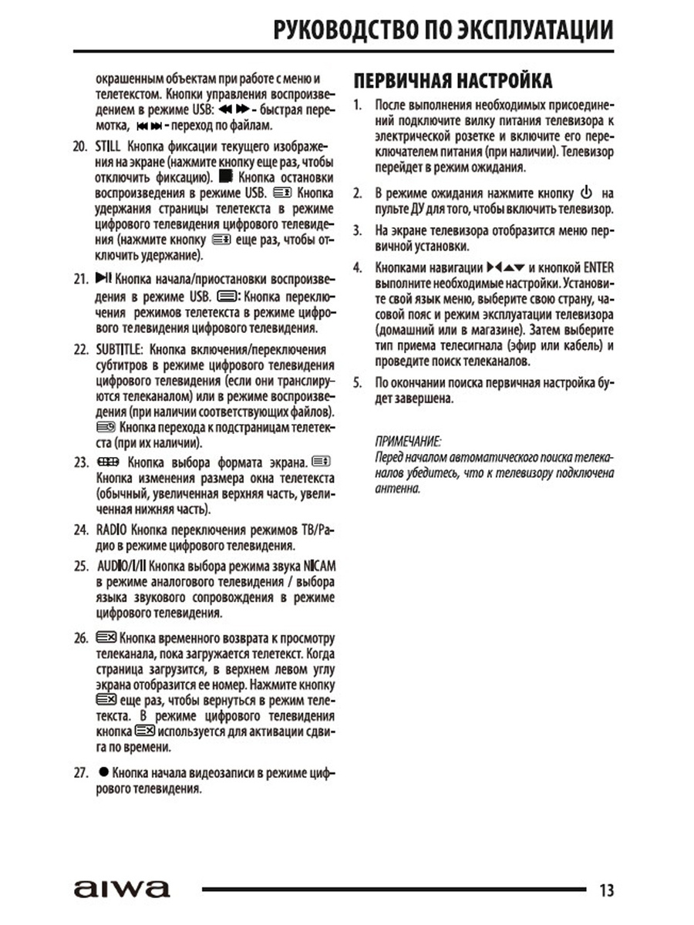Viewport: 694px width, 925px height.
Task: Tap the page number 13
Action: click(x=606, y=890)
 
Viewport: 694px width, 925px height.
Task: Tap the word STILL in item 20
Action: click(x=109, y=146)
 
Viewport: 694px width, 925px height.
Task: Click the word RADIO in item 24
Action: click(x=112, y=531)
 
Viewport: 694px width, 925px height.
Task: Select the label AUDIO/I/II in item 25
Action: click(x=121, y=566)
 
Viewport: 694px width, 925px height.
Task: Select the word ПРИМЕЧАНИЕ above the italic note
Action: click(x=407, y=442)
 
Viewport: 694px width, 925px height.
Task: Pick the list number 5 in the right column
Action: click(x=357, y=382)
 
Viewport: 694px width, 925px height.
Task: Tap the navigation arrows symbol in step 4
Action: click(x=506, y=267)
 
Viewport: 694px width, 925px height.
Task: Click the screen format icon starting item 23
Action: click(x=107, y=462)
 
